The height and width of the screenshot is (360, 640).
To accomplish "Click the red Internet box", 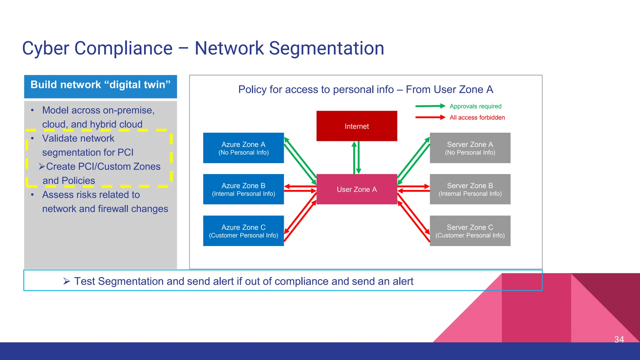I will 357,126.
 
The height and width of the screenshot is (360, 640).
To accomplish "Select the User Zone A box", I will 357,189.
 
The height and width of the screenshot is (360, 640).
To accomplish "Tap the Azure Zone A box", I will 243,148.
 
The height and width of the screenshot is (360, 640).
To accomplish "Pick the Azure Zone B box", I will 243,189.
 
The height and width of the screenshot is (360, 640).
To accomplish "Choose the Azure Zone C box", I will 243,231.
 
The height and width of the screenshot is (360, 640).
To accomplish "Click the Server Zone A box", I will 470,148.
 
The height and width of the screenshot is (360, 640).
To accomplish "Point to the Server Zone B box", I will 470,189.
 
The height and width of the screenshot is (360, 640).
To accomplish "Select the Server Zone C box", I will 470,231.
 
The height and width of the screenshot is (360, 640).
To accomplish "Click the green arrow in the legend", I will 430,106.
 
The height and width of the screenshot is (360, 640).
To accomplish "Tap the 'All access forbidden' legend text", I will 477,117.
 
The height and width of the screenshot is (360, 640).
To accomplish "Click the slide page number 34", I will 619,339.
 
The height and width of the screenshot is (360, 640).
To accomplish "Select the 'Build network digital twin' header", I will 100,85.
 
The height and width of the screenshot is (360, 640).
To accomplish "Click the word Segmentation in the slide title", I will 326,48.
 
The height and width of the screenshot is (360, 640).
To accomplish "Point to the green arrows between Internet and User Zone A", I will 357,157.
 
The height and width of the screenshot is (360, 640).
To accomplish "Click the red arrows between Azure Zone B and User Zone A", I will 300,188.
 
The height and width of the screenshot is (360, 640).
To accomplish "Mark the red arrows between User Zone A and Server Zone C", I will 413,217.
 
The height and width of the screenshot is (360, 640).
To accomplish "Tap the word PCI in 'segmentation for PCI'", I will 125,152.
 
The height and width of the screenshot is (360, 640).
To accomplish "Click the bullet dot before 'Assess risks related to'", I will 32,195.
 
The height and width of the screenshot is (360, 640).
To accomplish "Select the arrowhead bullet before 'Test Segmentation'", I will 66,281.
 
